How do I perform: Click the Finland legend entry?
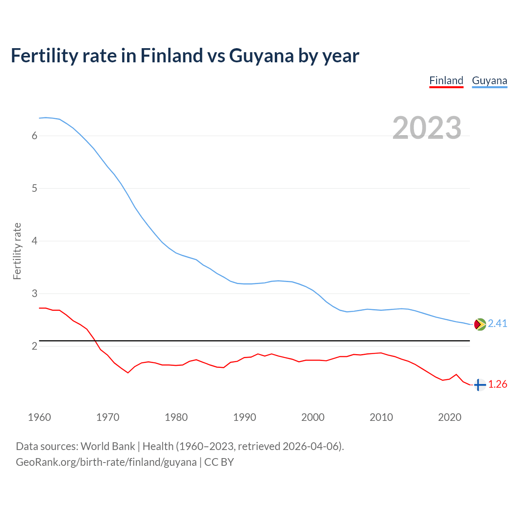(446, 81)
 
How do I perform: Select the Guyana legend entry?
(489, 81)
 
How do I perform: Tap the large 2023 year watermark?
(427, 128)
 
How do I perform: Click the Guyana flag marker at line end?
(480, 324)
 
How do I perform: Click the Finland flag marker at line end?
(480, 384)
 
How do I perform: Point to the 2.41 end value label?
(497, 323)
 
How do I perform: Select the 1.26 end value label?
(497, 384)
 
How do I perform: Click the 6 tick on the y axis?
(34, 136)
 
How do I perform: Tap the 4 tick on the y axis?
(34, 241)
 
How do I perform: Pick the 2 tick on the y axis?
(34, 346)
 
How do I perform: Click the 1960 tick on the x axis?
(39, 417)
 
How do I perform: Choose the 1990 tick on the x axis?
(244, 417)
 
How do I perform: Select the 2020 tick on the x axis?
(450, 417)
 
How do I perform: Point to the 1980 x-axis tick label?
(176, 417)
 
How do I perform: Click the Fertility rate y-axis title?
(17, 251)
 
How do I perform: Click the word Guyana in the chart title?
(261, 56)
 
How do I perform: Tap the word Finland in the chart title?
(172, 55)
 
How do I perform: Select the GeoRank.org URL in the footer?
(106, 462)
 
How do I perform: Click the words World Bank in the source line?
(108, 446)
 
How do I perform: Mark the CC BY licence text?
(219, 462)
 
